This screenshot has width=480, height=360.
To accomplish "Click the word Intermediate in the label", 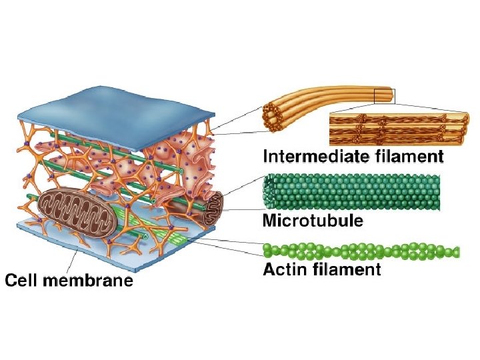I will click(x=309, y=157).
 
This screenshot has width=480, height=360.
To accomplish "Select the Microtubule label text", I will click(x=313, y=221).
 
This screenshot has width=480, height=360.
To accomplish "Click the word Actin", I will click(x=285, y=270).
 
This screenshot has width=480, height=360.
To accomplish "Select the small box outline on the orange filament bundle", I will click(x=385, y=96).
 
